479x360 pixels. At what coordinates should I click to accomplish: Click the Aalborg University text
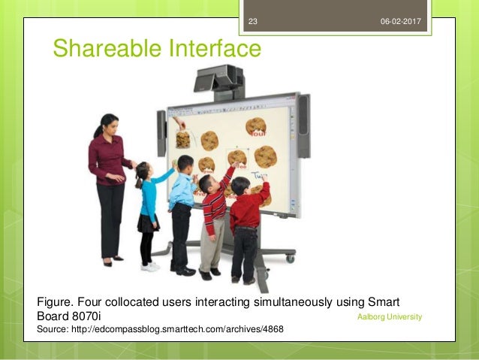click(x=390, y=317)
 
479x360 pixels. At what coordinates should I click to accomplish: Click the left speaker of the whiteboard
click(x=161, y=133)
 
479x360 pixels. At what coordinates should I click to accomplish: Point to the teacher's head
click(x=108, y=126)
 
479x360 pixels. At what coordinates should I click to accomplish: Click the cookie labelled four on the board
click(x=256, y=126)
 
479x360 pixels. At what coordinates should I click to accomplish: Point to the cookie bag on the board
click(x=182, y=139)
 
